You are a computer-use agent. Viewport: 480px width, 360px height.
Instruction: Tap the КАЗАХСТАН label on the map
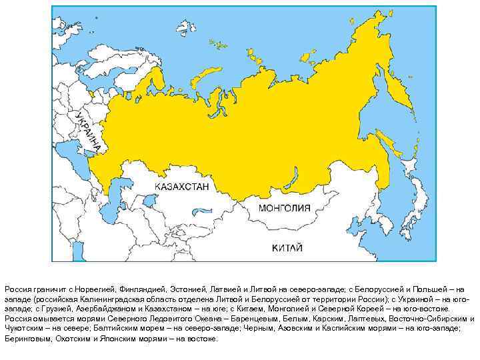click(x=181, y=187)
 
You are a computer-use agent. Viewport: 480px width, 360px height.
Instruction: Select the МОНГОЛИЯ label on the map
click(x=285, y=208)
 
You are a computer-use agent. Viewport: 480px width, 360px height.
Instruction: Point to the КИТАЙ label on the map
click(x=287, y=248)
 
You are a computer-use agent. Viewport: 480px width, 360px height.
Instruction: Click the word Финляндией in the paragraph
click(x=139, y=290)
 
